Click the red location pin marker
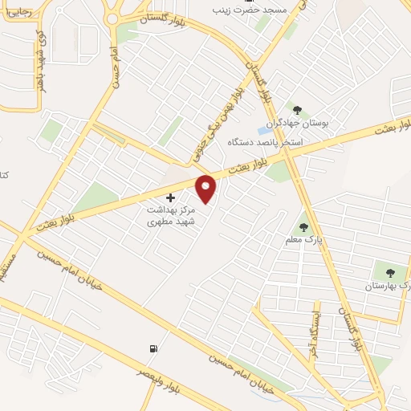[207, 188]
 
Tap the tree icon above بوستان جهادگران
[297, 110]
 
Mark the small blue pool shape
[263, 130]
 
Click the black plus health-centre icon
[169, 197]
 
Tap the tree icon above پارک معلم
[303, 227]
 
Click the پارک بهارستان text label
[389, 286]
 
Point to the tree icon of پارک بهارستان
[390, 273]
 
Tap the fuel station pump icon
[153, 348]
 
